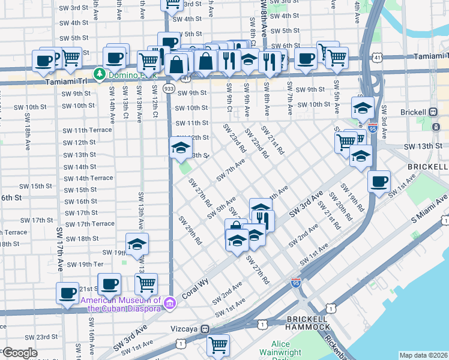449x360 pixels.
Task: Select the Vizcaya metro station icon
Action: [205, 329]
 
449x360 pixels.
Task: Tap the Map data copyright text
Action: [423, 355]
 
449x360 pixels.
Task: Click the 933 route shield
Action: [169, 88]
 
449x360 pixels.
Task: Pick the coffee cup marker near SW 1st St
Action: [379, 181]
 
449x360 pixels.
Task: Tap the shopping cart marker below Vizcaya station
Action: [218, 345]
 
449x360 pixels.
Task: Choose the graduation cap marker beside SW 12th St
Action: [180, 149]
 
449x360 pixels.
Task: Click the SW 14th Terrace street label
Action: [88, 178]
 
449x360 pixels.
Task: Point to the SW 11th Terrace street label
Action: [87, 130]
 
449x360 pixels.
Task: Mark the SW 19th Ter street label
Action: [85, 265]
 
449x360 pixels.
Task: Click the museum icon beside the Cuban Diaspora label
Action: [170, 304]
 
